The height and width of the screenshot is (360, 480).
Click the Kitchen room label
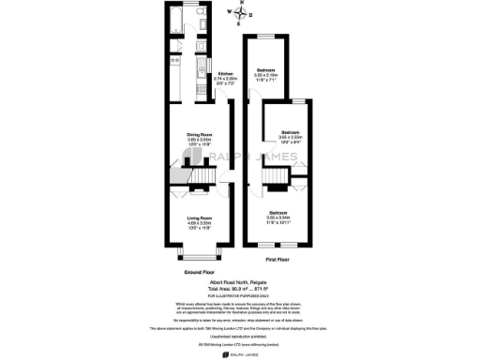226,76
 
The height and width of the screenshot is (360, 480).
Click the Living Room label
199,220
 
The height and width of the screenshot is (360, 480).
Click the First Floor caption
276,258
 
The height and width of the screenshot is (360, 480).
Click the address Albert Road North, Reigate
239,280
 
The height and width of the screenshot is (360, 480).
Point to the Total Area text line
239,287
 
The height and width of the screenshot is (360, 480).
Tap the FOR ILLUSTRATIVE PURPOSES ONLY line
239,294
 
